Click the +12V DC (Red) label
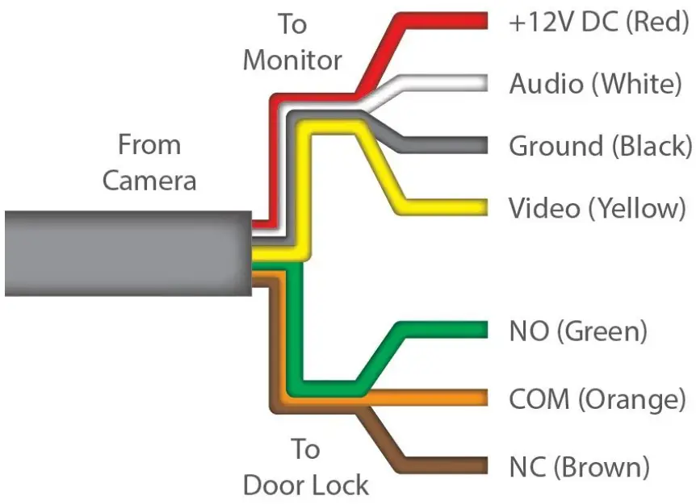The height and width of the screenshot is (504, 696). click(598, 22)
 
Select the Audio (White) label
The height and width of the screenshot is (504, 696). click(595, 83)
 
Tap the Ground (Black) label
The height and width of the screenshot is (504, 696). click(600, 146)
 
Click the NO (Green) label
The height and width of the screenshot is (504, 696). click(577, 331)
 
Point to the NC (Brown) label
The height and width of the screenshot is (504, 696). click(579, 466)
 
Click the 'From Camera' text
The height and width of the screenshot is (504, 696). click(149, 162)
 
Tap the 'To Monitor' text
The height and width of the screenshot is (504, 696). click(293, 42)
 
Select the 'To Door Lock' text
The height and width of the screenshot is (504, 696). click(305, 467)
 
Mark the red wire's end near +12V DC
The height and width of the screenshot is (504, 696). click(480, 21)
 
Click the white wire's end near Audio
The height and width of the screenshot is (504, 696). click(480, 83)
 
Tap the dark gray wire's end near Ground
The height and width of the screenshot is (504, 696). click(480, 146)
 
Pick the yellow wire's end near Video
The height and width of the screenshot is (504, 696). click(480, 207)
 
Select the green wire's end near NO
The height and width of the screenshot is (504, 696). click(480, 331)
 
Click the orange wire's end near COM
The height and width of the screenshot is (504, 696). click(480, 398)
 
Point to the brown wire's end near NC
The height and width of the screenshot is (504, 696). click(480, 466)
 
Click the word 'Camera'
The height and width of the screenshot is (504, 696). click(149, 180)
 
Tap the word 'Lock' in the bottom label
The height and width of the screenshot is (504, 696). click(339, 485)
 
